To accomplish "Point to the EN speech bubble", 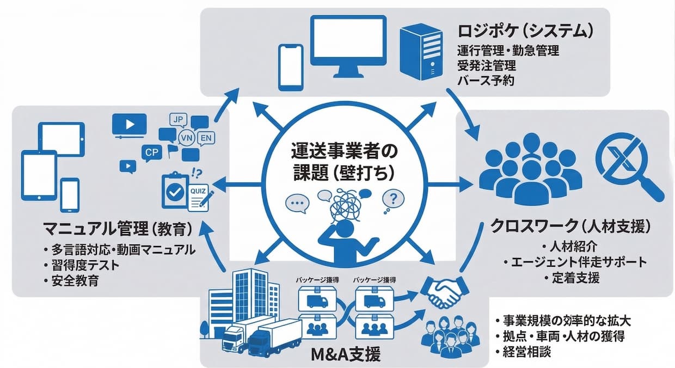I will [206, 138].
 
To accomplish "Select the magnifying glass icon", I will [625, 163].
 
